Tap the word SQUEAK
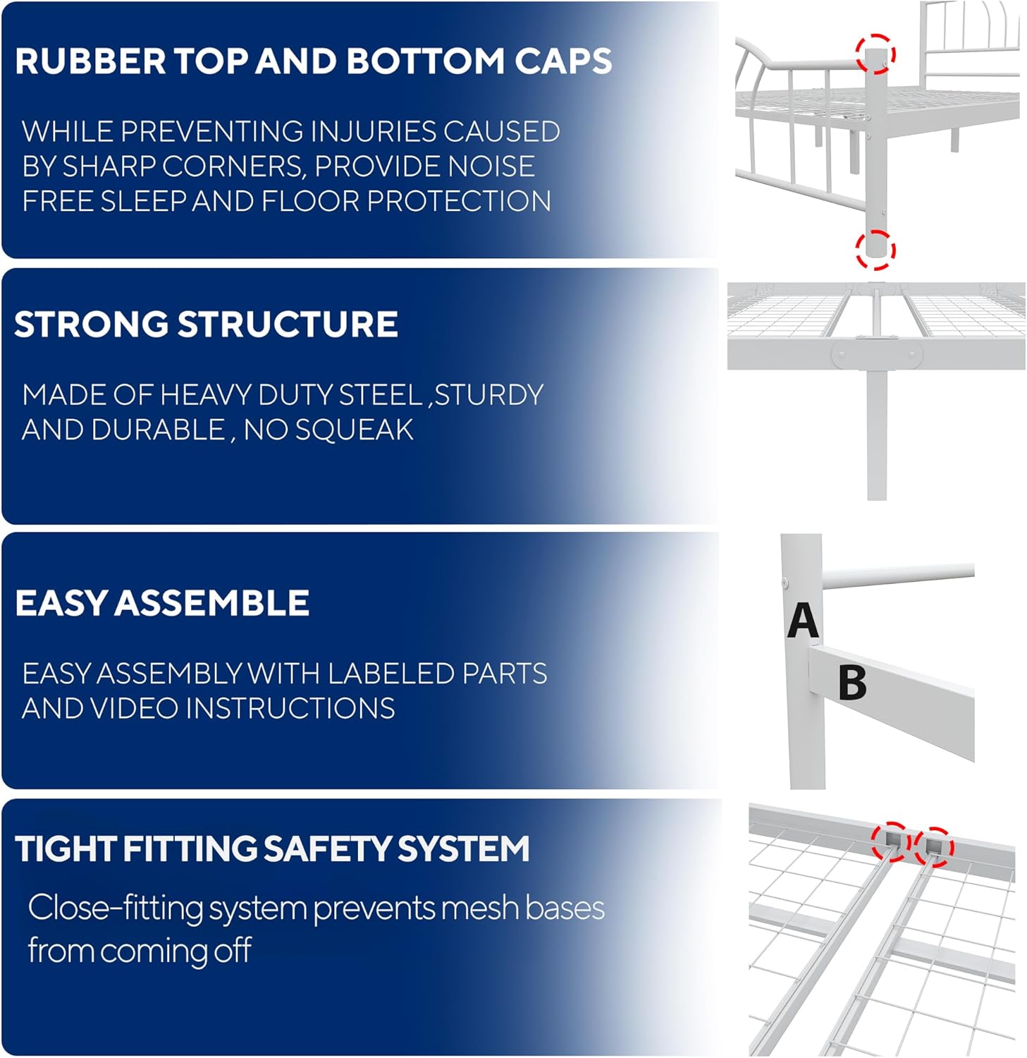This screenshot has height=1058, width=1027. [355, 430]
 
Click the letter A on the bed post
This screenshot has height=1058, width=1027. [803, 621]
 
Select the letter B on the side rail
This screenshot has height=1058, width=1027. [852, 683]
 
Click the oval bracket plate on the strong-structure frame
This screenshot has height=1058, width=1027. [876, 355]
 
